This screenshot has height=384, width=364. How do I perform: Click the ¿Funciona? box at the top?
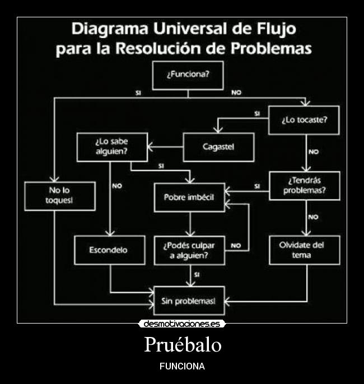(188, 75)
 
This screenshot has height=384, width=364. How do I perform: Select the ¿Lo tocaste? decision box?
(304, 120)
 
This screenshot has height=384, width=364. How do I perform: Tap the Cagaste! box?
(218, 147)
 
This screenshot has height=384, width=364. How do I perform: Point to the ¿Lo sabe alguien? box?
(112, 147)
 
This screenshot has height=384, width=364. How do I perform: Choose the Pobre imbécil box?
(189, 197)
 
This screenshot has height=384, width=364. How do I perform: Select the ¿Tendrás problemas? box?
(305, 186)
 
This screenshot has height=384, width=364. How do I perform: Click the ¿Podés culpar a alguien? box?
(189, 250)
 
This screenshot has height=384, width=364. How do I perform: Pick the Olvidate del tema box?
(305, 250)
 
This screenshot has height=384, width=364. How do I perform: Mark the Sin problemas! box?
(189, 301)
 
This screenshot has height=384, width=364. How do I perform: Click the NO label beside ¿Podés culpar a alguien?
(236, 245)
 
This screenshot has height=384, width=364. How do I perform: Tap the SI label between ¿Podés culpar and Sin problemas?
(197, 275)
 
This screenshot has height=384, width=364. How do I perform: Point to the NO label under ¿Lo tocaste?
(314, 152)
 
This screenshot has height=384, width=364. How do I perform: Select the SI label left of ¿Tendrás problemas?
(257, 186)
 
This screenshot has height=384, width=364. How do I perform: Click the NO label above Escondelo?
(117, 186)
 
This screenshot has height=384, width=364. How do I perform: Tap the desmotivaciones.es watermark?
(182, 324)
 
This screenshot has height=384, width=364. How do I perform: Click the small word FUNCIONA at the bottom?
(182, 367)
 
